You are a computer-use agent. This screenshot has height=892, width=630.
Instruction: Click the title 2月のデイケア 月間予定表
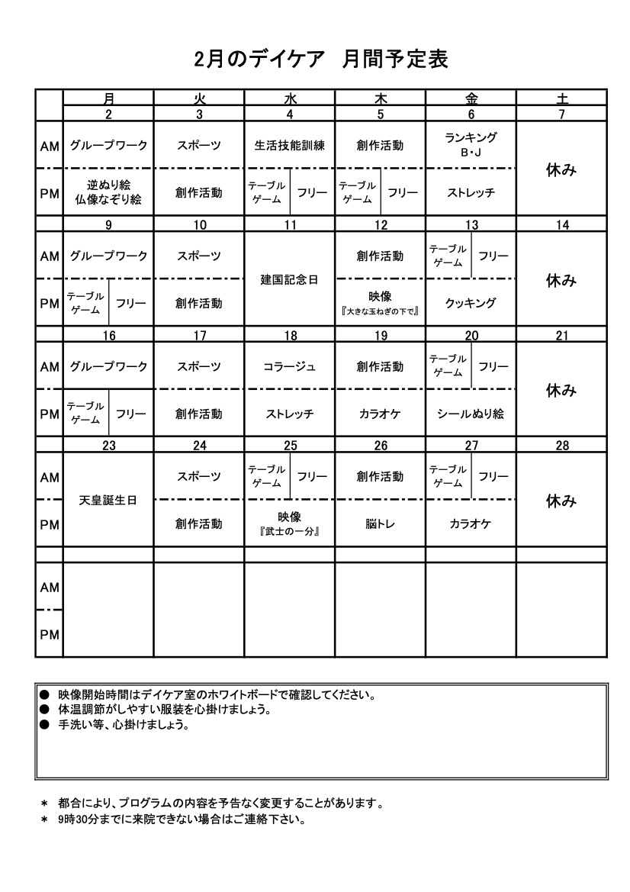(x=320, y=59)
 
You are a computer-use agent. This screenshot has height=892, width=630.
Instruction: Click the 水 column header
(x=290, y=98)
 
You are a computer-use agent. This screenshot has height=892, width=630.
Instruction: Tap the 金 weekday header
(x=471, y=98)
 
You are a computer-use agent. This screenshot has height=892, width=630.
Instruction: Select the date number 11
(x=290, y=224)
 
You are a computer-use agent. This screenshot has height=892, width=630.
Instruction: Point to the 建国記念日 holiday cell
(x=290, y=280)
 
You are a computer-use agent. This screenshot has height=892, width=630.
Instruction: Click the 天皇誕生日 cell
(x=109, y=501)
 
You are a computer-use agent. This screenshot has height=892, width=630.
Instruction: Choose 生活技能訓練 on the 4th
(x=290, y=145)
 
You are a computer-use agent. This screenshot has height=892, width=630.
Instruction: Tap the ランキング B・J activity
(x=471, y=144)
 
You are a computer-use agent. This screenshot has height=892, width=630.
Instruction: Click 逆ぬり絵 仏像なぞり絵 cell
(x=108, y=192)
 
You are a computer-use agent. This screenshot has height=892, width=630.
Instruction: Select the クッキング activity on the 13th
(x=471, y=303)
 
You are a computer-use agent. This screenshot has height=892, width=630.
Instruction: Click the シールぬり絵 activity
(x=471, y=414)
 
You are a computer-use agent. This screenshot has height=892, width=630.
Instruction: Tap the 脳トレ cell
(x=381, y=523)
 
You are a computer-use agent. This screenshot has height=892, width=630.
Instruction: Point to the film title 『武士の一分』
(x=290, y=531)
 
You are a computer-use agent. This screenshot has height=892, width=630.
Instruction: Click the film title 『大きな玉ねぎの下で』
(x=381, y=311)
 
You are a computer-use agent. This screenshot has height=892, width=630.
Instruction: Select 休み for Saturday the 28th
(x=561, y=501)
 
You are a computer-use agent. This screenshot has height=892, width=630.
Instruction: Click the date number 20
(x=471, y=335)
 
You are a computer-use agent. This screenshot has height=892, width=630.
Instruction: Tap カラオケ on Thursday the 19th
(x=381, y=414)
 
